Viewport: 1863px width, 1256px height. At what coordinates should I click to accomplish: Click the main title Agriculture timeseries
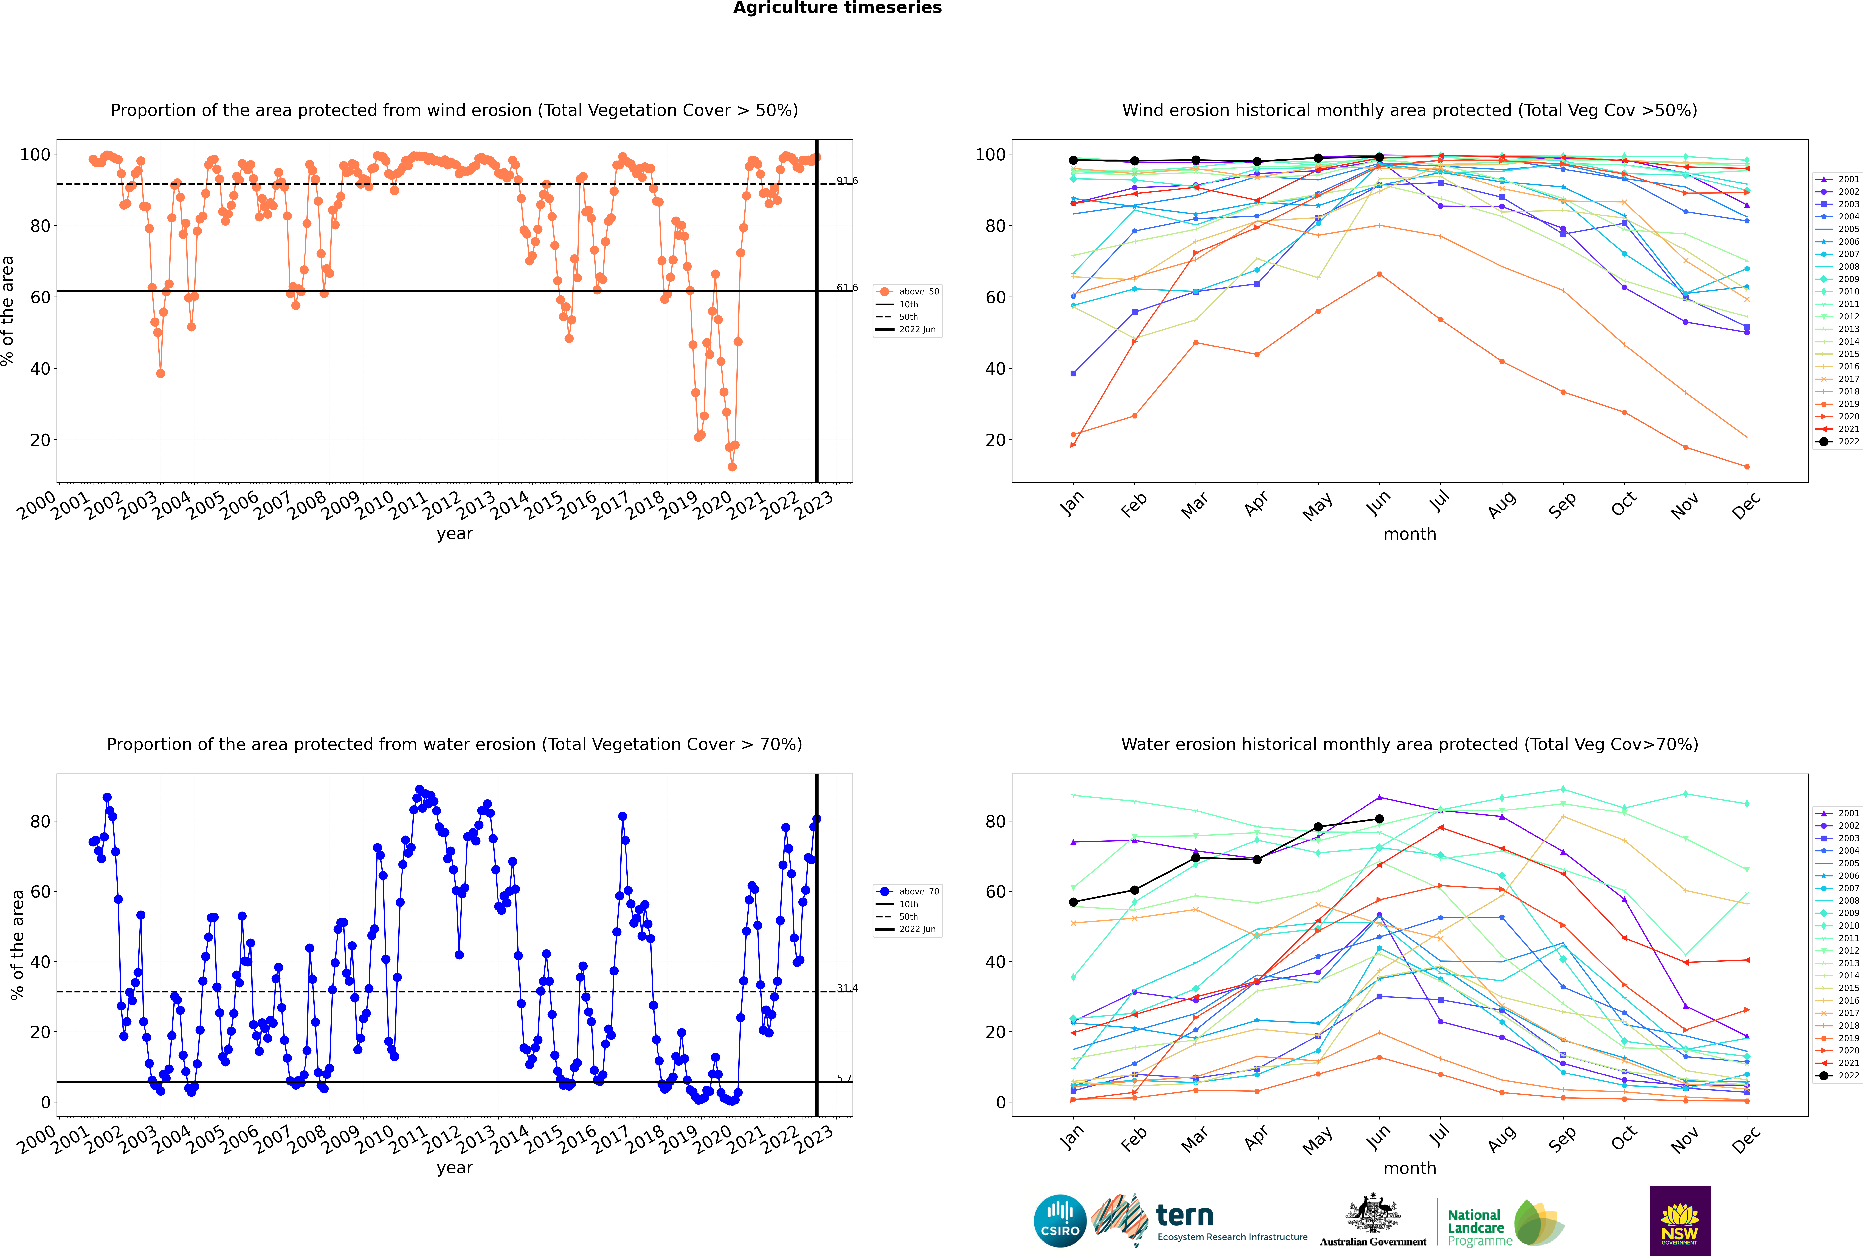(837, 8)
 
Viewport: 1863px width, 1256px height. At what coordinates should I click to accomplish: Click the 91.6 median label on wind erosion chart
(847, 181)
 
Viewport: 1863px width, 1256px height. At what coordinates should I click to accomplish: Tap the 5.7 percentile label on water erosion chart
(844, 1078)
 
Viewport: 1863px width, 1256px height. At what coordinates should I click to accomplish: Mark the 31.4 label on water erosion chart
(847, 988)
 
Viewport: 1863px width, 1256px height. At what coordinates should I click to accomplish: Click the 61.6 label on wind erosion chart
(847, 288)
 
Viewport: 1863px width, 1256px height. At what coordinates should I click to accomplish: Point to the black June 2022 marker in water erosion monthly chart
(1379, 819)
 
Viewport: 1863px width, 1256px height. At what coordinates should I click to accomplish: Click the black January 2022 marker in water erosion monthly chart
(1073, 902)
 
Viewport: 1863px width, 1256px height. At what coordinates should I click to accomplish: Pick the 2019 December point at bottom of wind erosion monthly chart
(1747, 467)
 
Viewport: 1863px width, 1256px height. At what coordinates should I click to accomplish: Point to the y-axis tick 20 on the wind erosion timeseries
(40, 441)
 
